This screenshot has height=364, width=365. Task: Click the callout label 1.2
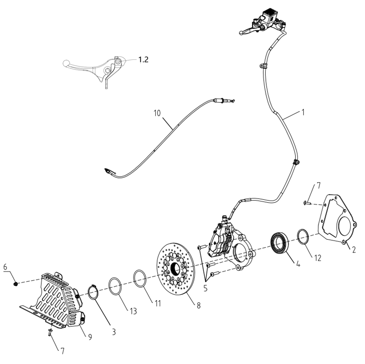143,60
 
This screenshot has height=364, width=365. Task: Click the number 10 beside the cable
157,113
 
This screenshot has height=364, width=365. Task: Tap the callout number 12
317,258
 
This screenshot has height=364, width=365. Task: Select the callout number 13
133,311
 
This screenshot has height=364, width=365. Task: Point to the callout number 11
158,303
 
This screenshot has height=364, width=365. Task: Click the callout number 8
198,305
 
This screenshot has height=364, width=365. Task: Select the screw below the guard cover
50,331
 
